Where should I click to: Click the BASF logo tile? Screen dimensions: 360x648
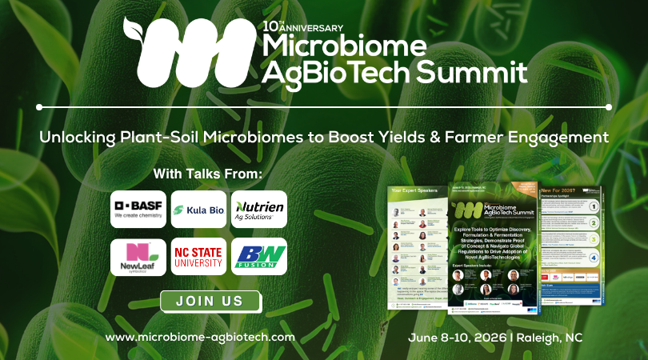pos(138,209)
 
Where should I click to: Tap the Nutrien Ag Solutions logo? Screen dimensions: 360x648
pos(258,209)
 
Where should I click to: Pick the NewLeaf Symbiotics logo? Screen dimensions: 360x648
pos(138,257)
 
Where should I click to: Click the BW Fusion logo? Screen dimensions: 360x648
pos(258,257)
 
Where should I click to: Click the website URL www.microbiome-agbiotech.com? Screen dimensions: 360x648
pos(200,337)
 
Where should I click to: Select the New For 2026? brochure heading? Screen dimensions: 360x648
pos(559,190)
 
